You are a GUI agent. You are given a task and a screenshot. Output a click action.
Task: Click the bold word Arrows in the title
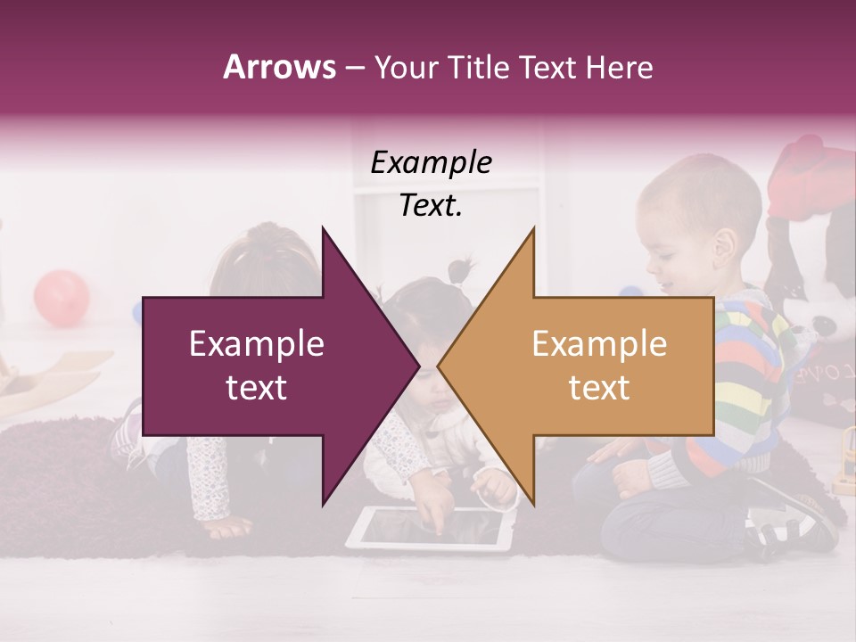[280, 67]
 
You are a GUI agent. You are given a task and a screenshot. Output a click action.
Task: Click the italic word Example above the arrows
[431, 163]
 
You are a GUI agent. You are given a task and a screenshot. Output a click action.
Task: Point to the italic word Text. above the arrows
[431, 206]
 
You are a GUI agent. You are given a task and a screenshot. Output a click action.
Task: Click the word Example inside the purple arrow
[256, 344]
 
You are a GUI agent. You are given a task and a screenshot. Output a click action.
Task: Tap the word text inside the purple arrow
[256, 388]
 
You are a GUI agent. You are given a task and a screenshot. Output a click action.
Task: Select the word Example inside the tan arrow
[599, 344]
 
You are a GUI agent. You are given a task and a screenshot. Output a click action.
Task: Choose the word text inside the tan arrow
[599, 388]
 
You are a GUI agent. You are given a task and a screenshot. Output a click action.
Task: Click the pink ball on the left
[62, 296]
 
